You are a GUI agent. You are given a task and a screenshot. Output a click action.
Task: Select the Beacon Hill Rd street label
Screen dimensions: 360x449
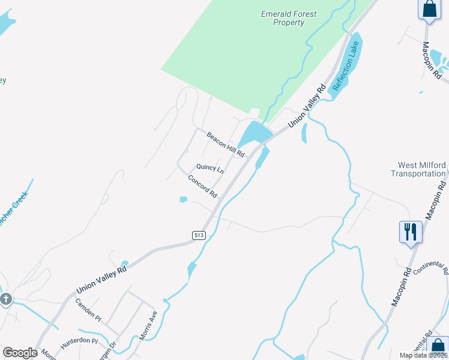coord(226,145)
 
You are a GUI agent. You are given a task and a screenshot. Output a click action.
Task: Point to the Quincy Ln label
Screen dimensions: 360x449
coord(210,169)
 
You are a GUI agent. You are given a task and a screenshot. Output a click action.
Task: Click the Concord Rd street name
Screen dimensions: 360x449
coord(202,187)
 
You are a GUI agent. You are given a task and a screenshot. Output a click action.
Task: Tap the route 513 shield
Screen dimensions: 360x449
coord(199,235)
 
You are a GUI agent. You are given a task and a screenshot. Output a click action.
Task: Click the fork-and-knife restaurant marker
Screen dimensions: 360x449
coord(410,232)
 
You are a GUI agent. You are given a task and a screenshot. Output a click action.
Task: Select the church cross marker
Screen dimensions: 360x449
coord(7,299)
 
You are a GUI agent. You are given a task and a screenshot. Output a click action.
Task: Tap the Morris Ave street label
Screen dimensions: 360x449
coord(148,326)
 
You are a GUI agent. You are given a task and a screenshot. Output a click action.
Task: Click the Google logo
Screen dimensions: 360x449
coord(20,353)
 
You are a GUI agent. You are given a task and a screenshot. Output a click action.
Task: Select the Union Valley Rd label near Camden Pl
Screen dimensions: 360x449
coord(101,280)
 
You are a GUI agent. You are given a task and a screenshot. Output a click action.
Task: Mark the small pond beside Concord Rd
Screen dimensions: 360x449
coord(183,200)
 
